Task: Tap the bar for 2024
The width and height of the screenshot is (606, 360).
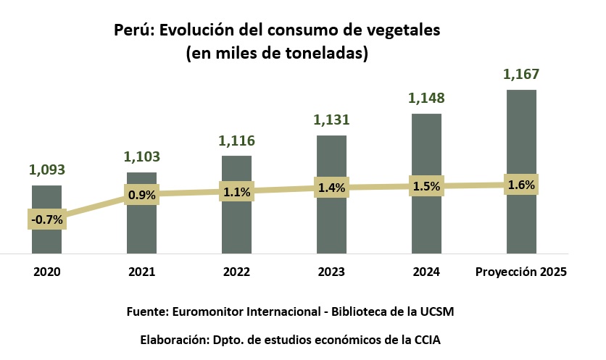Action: tap(426, 225)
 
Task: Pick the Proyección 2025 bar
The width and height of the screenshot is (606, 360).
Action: tap(520, 225)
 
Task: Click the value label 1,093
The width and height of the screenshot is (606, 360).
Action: tap(47, 170)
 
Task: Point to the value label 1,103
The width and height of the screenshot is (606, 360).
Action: tap(142, 156)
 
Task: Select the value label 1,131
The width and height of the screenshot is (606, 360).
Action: tap(331, 120)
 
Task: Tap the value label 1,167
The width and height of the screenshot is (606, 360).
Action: tap(521, 75)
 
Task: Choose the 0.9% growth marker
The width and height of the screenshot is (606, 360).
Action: tap(142, 194)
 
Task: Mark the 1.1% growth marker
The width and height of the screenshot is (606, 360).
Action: tap(237, 192)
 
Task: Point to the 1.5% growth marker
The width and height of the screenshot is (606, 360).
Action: tap(427, 187)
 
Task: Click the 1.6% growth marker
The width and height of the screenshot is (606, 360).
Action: tap(521, 185)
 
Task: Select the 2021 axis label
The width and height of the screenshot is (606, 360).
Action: tap(142, 273)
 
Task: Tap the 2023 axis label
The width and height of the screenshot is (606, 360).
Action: tap(331, 273)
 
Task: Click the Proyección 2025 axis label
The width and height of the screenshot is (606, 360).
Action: tap(520, 273)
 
